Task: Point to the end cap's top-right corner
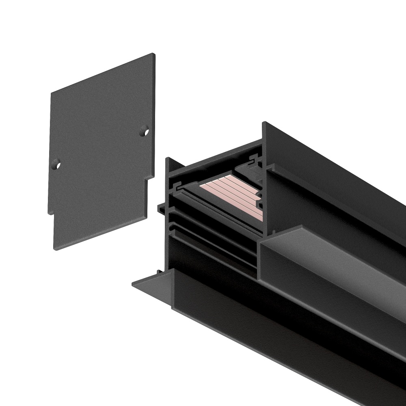154,54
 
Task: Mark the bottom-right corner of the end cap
147,225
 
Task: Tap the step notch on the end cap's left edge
51,213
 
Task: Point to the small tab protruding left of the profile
161,207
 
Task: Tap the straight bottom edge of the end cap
101,237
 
